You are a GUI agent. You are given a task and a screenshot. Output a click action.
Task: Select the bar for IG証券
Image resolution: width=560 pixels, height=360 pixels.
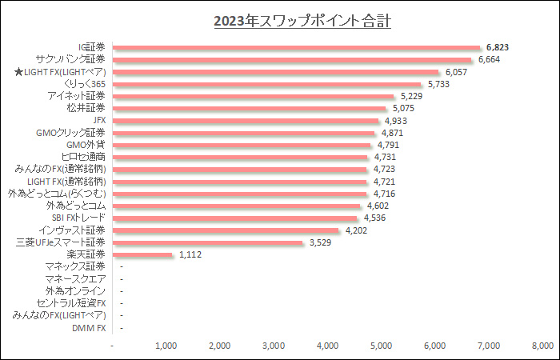pyautogui.click(x=297, y=47)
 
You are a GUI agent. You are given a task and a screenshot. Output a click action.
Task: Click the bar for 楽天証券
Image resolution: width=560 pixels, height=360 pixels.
pyautogui.click(x=143, y=254)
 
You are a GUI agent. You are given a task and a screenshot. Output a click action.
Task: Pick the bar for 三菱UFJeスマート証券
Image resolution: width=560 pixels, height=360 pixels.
pyautogui.click(x=208, y=242)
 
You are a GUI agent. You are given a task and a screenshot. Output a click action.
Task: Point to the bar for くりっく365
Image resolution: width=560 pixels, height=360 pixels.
pyautogui.click(x=267, y=84)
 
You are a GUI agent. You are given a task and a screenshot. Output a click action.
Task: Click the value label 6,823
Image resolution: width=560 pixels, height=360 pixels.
pyautogui.click(x=499, y=47)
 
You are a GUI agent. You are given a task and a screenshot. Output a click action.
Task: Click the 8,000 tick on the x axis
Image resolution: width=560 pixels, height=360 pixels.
pyautogui.click(x=542, y=346)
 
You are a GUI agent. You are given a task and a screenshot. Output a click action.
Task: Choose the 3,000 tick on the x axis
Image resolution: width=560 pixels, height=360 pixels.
pyautogui.click(x=274, y=346)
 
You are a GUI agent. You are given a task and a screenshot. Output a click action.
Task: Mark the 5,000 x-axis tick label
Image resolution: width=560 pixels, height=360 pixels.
pyautogui.click(x=381, y=346)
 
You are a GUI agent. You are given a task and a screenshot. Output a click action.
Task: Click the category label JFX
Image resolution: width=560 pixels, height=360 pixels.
pyautogui.click(x=99, y=121)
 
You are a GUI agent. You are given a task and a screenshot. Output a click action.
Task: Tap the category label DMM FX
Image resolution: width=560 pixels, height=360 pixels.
pyautogui.click(x=89, y=328)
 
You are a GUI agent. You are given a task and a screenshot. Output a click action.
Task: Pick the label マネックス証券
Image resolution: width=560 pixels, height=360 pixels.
pyautogui.click(x=76, y=266)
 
